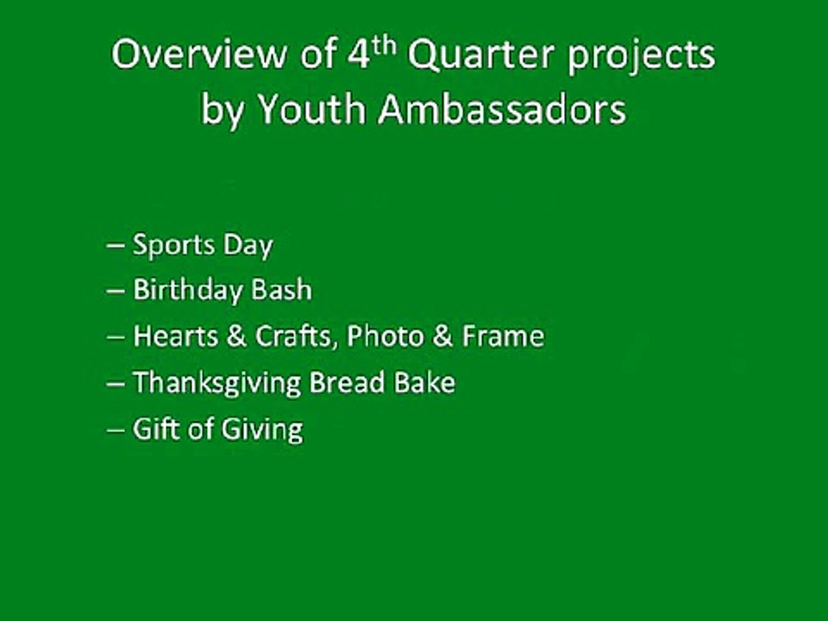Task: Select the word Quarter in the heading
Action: tap(481, 55)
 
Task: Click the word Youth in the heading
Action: tap(312, 110)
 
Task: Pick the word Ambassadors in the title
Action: tap(502, 110)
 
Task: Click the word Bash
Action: tap(281, 290)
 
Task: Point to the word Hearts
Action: tap(176, 336)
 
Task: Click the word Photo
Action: tap(386, 336)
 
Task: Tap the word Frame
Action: tap(503, 336)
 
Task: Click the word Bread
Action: tap(347, 382)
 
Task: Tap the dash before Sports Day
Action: tap(116, 246)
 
